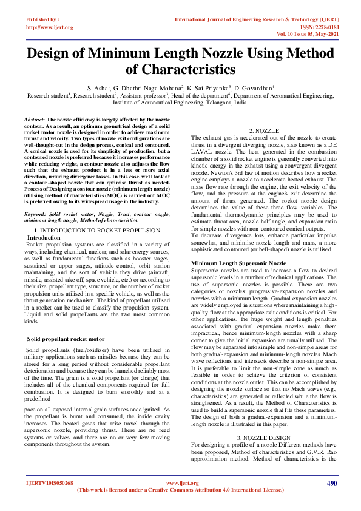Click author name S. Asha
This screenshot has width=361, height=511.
click(x=97, y=88)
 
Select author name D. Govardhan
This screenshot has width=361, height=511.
click(x=254, y=88)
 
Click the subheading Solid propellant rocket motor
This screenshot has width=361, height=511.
click(x=66, y=339)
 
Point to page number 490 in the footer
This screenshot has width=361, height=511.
click(x=331, y=482)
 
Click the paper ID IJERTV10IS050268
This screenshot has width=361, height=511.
click(x=49, y=483)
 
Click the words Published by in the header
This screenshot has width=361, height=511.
click(x=41, y=20)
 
